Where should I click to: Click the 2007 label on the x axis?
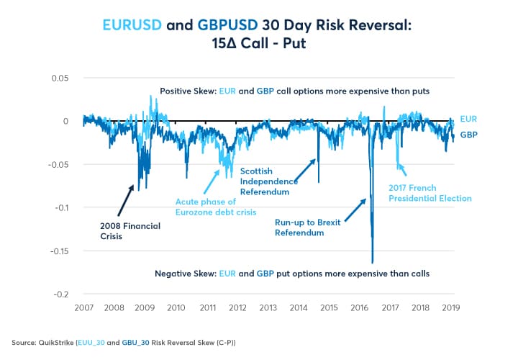tap(83, 307)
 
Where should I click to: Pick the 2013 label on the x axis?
tap(268, 307)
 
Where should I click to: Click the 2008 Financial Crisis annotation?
tap(129, 230)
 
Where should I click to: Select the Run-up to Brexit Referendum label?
tap(308, 228)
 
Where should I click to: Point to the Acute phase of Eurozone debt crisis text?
tap(216, 207)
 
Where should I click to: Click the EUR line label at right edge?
tap(469, 118)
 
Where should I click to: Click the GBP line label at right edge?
tap(469, 135)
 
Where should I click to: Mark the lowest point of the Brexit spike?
tap(372, 263)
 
